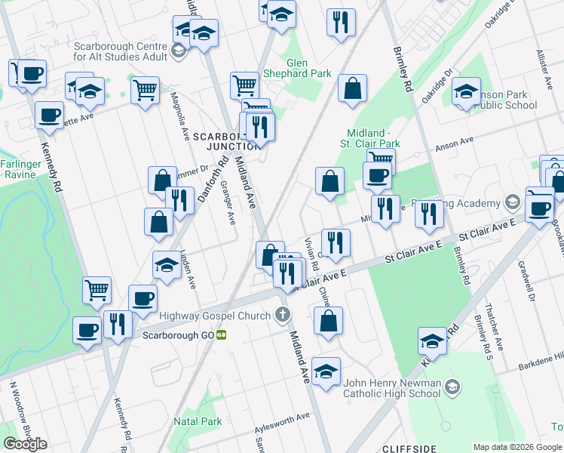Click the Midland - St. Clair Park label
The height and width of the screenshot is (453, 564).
coord(373,137)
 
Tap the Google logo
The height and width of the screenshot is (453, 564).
coord(25,444)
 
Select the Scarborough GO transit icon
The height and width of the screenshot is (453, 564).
coord(221,334)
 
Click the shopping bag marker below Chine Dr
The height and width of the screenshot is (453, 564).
coord(329,321)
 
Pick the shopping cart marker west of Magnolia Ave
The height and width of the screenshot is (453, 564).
coord(145,90)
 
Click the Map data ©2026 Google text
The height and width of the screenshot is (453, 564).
coord(517,446)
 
